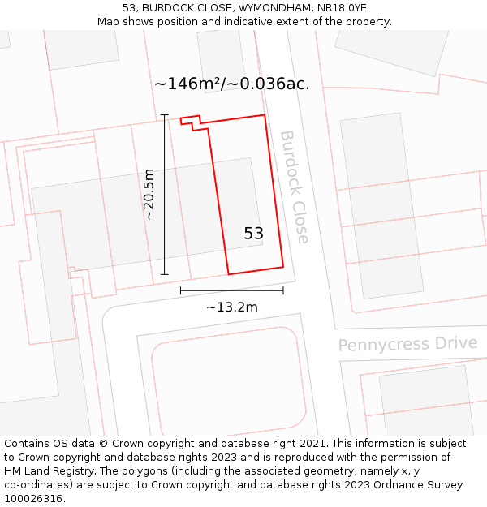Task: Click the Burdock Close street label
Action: [294, 187]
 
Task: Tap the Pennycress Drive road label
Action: [407, 344]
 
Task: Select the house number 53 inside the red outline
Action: [253, 234]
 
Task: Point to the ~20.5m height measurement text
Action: [149, 195]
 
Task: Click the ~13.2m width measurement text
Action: [231, 307]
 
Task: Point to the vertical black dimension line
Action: [165, 195]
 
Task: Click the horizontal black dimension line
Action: [231, 290]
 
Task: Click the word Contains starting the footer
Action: [28, 444]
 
